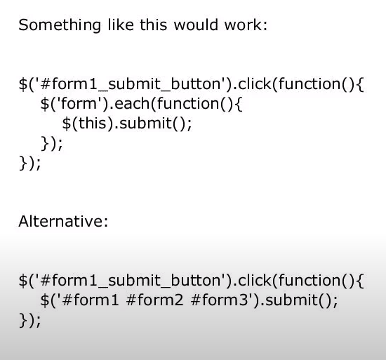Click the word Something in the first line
[60, 25]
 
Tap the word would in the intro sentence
[196, 25]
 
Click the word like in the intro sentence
[121, 25]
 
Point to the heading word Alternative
[61, 221]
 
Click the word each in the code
[132, 103]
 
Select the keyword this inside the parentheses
[93, 123]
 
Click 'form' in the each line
[79, 103]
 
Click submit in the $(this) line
[145, 123]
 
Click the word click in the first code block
[254, 84]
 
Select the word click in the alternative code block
[254, 280]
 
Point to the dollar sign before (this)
[66, 124]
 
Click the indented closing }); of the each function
[52, 143]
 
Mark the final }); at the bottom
[29, 321]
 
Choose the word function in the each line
[188, 103]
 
